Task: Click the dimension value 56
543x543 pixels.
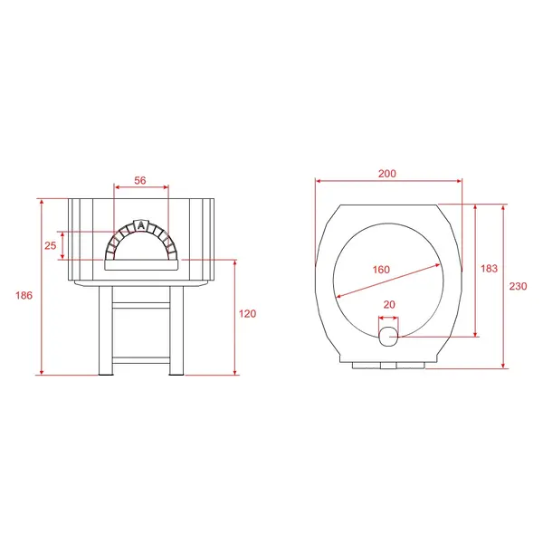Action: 140,180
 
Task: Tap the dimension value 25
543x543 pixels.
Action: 50,245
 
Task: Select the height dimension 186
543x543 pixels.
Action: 24,295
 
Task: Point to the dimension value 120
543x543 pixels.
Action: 248,314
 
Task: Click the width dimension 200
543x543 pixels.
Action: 387,174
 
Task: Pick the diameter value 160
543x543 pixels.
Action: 381,270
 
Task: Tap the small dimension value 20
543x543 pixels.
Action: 389,304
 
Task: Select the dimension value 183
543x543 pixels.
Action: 489,269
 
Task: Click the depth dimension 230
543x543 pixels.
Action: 518,286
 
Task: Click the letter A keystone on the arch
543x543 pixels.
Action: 140,225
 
